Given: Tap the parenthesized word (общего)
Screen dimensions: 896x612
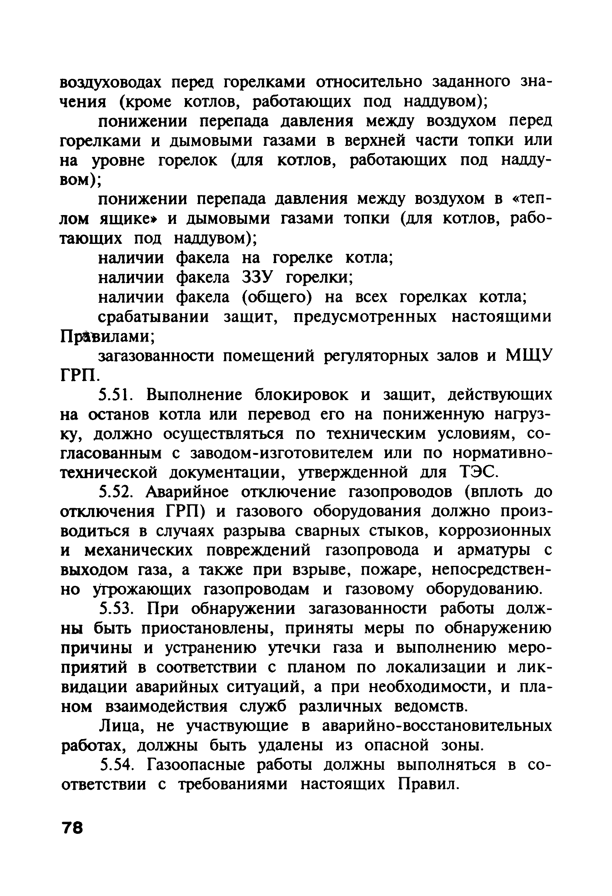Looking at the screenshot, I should pyautogui.click(x=277, y=297).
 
